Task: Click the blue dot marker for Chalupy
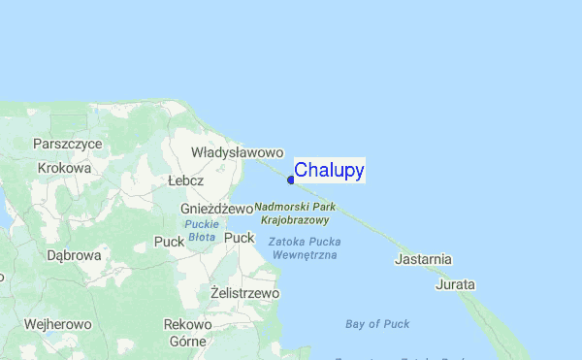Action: click(x=291, y=179)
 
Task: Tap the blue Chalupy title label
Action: click(x=329, y=171)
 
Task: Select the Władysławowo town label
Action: click(x=237, y=152)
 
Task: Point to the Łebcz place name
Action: click(x=185, y=180)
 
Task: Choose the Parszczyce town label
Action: click(x=68, y=143)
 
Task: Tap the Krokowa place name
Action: click(x=64, y=168)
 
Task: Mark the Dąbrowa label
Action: click(x=74, y=256)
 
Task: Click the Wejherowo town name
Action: click(x=57, y=324)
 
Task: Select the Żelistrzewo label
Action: click(x=244, y=292)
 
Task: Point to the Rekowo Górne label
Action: click(x=188, y=332)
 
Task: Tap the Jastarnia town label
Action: click(x=424, y=259)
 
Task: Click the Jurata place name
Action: click(x=456, y=284)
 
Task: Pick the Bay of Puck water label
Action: click(x=377, y=324)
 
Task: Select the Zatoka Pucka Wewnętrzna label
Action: click(x=304, y=247)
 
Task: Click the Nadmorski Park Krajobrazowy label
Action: click(x=295, y=213)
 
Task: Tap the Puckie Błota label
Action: click(x=201, y=230)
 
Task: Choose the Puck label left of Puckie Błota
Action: click(x=169, y=241)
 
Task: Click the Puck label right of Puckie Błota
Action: click(x=240, y=238)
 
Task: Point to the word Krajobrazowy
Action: click(x=295, y=220)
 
